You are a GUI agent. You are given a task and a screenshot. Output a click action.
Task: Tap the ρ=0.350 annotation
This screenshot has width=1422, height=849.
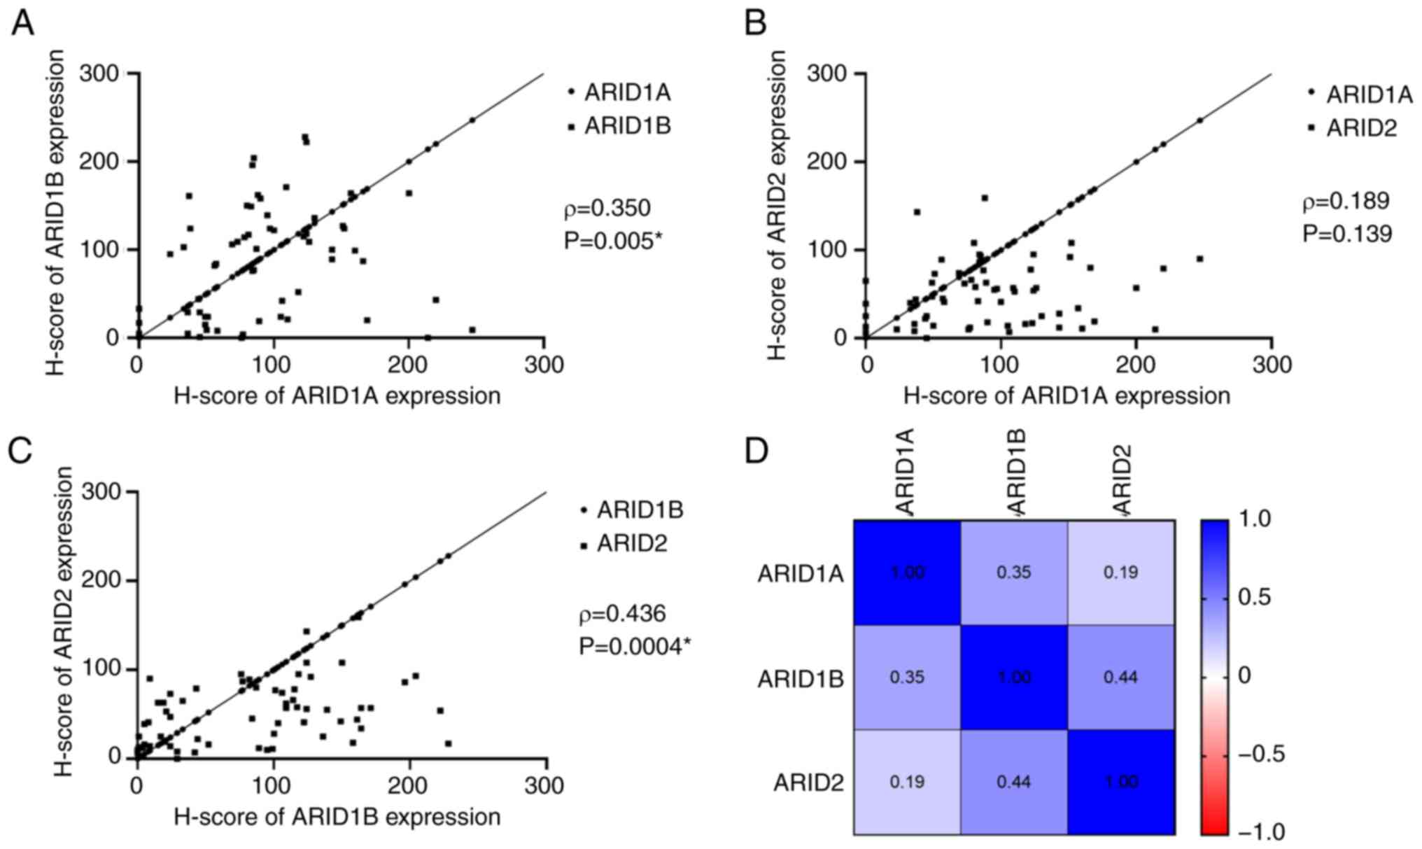[607, 208]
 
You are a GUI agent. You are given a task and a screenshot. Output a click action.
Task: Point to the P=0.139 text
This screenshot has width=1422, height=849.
[1347, 234]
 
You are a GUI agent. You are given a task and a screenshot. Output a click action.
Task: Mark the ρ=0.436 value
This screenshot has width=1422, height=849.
[622, 614]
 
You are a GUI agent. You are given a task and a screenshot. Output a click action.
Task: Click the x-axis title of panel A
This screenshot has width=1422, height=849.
[337, 396]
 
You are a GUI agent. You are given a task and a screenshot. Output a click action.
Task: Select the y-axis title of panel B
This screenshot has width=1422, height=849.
[776, 206]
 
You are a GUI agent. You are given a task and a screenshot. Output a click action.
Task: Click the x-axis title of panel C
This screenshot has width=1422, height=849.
[337, 816]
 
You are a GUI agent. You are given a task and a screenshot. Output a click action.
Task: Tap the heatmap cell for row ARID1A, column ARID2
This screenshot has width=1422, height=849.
[1120, 573]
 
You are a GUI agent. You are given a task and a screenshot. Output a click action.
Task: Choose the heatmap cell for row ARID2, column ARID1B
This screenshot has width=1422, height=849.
[1014, 781]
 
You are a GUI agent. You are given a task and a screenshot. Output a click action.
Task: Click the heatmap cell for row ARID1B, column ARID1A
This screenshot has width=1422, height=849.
[907, 677]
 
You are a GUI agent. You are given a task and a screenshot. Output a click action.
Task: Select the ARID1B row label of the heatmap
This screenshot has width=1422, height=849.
[800, 679]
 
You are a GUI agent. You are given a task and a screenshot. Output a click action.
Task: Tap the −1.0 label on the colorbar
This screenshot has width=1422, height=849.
[1261, 832]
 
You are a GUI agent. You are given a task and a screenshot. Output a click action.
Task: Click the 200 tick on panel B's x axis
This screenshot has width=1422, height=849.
[1136, 365]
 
